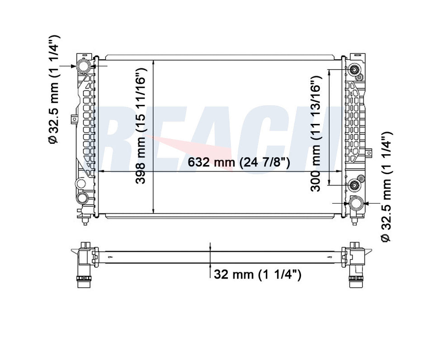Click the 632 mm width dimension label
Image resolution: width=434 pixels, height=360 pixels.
(239, 162)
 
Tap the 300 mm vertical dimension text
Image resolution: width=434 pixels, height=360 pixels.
(315, 135)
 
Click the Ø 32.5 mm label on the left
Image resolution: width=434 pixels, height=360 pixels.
(54, 89)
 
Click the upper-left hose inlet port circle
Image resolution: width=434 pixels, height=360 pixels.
(84, 66)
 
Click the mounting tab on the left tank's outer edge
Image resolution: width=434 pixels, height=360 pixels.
(73, 119)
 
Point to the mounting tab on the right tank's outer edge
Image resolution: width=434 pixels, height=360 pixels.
(368, 153)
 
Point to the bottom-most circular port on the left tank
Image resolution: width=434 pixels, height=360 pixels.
(83, 198)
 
